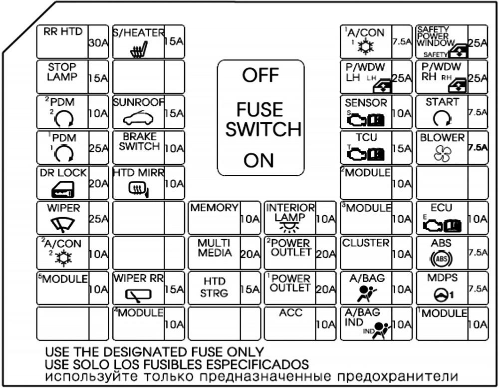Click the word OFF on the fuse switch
click(x=260, y=76)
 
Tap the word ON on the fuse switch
click(x=259, y=161)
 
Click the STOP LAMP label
click(x=62, y=72)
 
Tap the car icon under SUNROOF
click(x=138, y=119)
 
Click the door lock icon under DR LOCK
click(x=62, y=190)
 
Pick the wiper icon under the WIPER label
click(x=63, y=224)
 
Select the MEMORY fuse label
click(x=214, y=208)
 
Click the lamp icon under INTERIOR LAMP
click(x=289, y=227)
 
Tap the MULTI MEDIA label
click(x=215, y=248)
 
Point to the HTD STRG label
click(x=214, y=288)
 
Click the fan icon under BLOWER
click(x=442, y=154)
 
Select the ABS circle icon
click(x=442, y=260)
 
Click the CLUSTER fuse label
click(x=365, y=243)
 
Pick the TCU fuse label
click(x=365, y=137)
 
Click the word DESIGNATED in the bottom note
click(x=141, y=352)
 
